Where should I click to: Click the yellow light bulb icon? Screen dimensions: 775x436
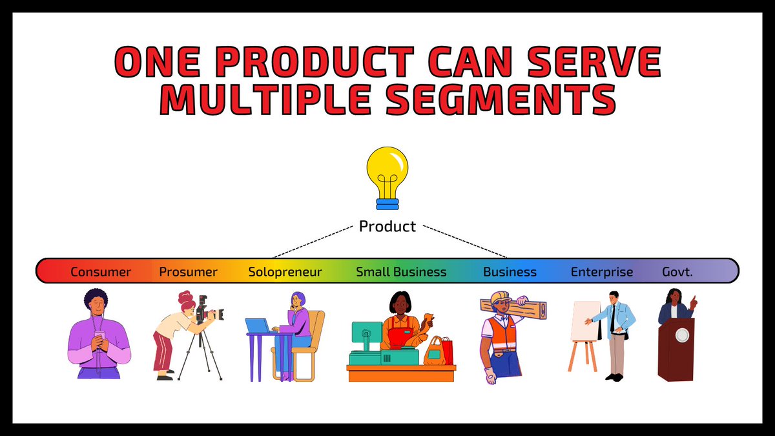tap(387, 178)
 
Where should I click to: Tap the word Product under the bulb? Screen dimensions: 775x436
tap(387, 226)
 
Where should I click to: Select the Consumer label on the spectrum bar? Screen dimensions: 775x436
tap(101, 272)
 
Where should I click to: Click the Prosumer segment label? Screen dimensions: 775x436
tap(188, 272)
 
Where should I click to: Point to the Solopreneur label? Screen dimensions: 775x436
tap(285, 272)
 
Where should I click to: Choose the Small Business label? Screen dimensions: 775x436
tap(401, 272)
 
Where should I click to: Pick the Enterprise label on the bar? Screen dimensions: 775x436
tap(602, 272)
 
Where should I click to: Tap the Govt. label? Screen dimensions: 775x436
tap(677, 272)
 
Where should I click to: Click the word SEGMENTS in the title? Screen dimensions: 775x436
tap(501, 99)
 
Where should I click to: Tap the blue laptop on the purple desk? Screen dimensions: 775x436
tap(258, 326)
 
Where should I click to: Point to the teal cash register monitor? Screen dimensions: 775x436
tap(367, 332)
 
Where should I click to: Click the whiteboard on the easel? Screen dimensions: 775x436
tap(585, 321)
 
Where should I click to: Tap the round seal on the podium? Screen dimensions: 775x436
tap(682, 335)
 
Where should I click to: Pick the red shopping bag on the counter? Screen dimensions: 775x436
tap(448, 351)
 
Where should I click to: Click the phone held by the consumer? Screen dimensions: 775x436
tap(99, 335)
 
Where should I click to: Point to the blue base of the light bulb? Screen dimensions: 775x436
tap(387, 204)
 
